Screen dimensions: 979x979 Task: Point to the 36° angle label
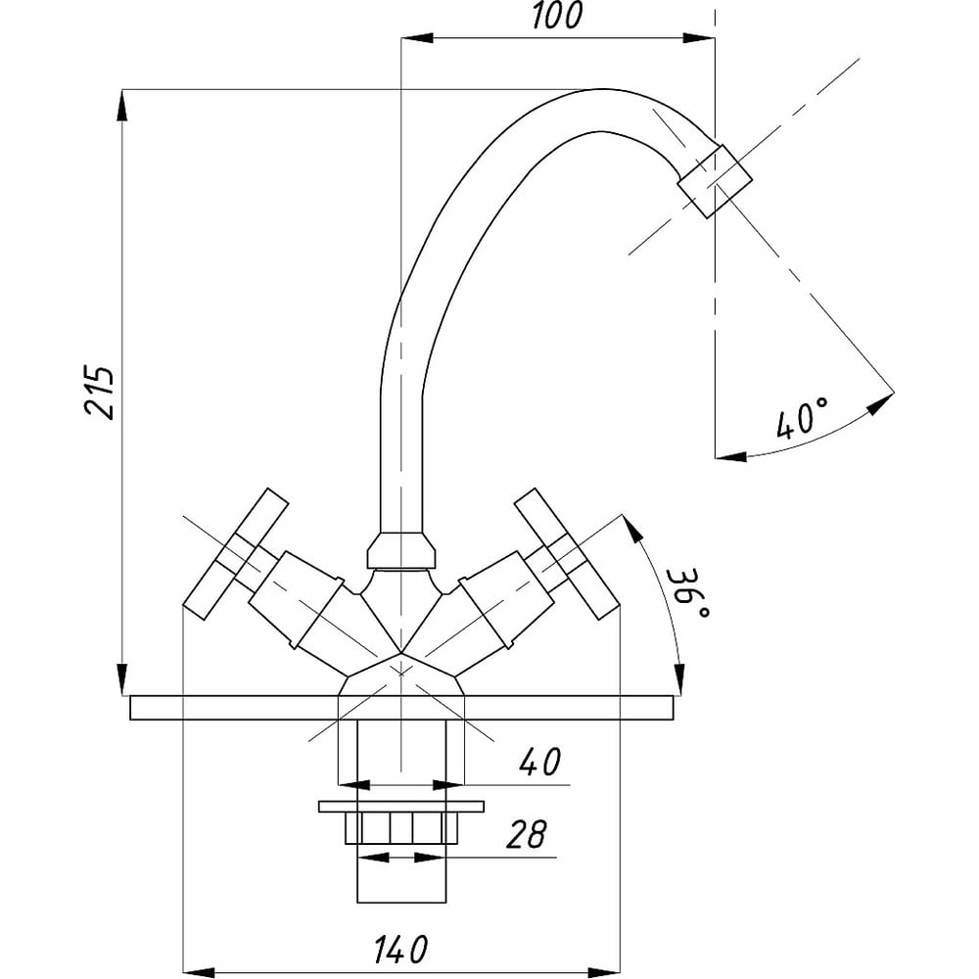(690, 593)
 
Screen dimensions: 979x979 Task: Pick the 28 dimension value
(526, 835)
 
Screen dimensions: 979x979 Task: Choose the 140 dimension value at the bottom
(401, 948)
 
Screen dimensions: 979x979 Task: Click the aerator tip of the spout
(717, 180)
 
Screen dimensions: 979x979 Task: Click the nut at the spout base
(400, 551)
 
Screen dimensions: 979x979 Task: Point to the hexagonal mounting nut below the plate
(400, 827)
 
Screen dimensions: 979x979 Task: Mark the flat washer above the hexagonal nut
(400, 807)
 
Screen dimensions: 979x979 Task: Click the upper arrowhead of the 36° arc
(634, 529)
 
